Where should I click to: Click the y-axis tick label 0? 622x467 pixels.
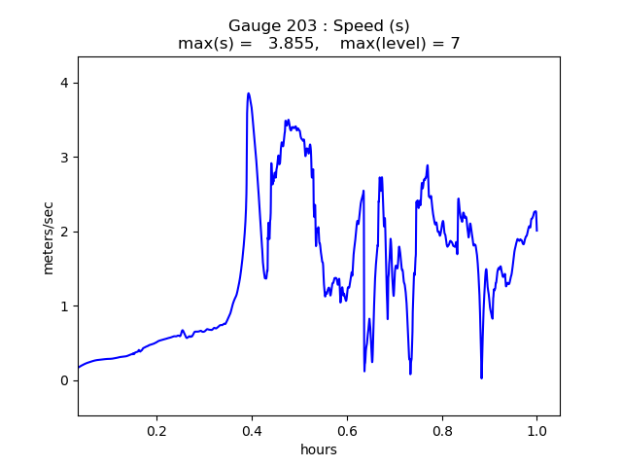64,380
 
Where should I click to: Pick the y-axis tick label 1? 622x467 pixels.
64,306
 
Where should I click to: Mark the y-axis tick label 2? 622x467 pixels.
64,232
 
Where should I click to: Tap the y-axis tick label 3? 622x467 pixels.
64,158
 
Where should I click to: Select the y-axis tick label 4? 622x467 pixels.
64,83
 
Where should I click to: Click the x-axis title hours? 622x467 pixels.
319,449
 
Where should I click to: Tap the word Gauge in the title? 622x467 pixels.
250,25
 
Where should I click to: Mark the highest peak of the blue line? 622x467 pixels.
249,93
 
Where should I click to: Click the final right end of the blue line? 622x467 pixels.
536,230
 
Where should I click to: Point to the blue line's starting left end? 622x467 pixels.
79,367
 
